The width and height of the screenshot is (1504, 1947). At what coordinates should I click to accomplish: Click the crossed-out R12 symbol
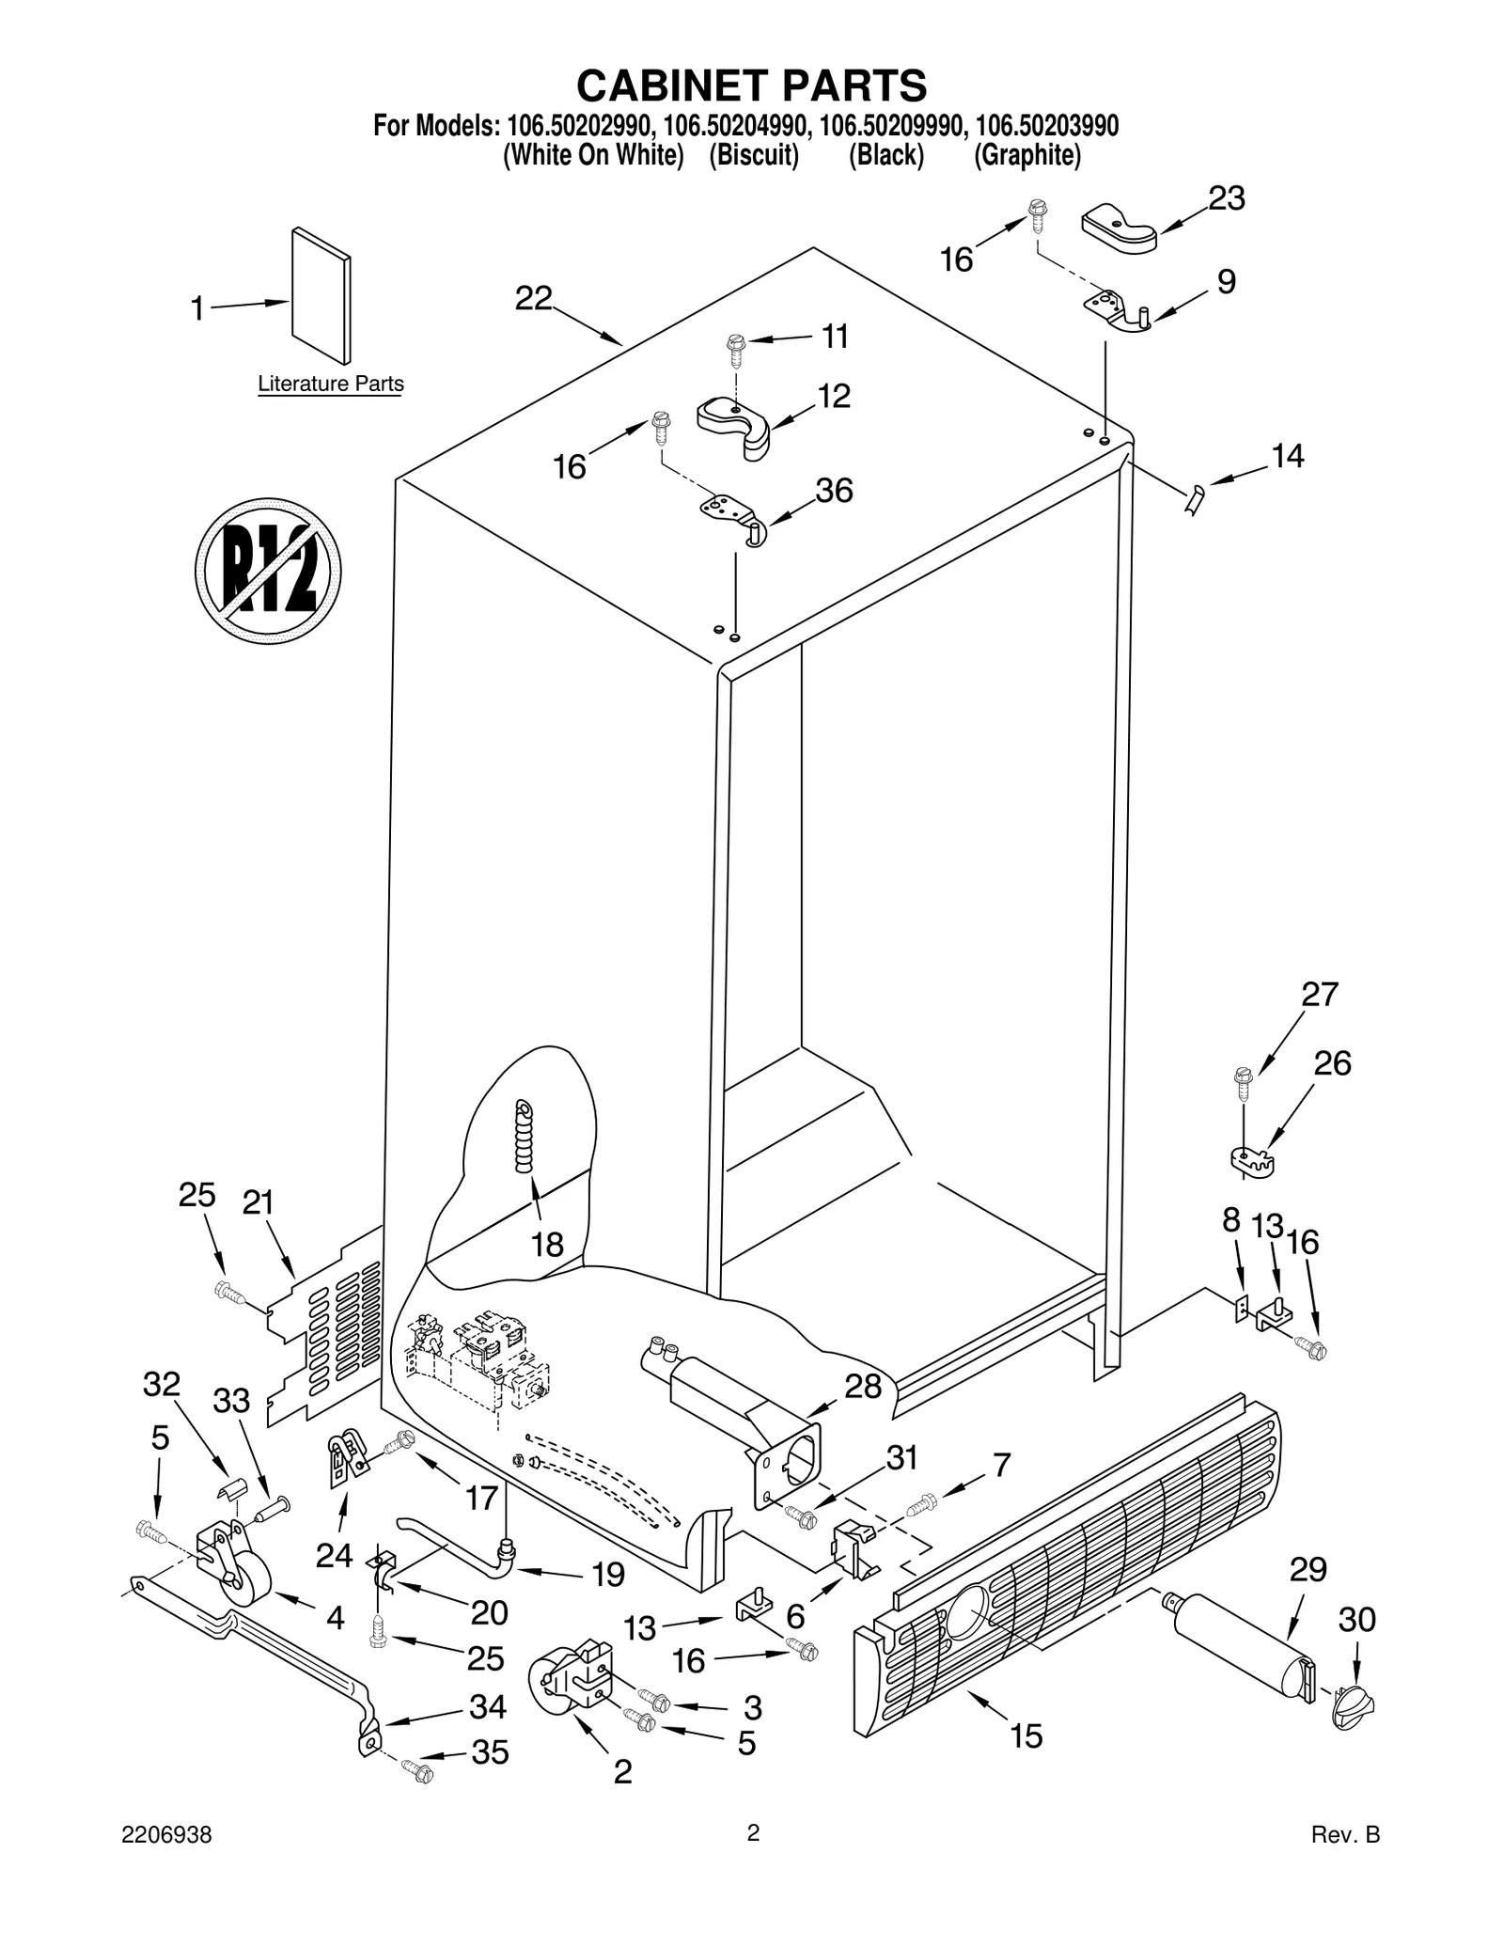(x=268, y=571)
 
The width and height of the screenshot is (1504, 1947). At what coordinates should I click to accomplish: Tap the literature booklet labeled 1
(x=321, y=295)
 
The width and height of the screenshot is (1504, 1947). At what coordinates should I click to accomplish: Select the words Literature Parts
(x=331, y=384)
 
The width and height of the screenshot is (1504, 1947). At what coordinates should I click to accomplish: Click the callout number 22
(x=533, y=298)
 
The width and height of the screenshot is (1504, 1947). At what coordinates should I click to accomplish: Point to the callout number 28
(x=862, y=1385)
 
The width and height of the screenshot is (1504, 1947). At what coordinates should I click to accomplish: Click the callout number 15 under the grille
(x=1026, y=1735)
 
